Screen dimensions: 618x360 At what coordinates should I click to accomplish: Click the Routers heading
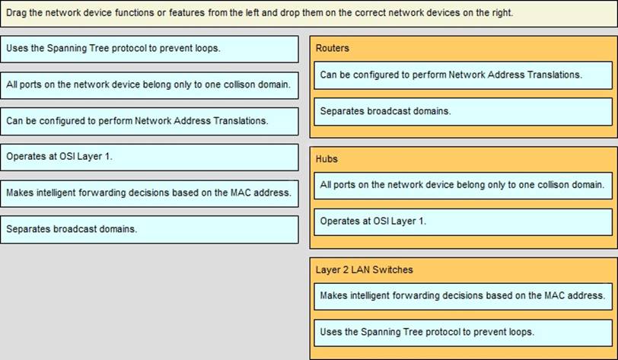(x=333, y=48)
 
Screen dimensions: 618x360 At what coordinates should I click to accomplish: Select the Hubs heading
(x=327, y=159)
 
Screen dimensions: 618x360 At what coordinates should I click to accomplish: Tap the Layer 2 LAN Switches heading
(x=364, y=269)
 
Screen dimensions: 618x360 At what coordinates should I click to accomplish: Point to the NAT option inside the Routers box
(x=463, y=75)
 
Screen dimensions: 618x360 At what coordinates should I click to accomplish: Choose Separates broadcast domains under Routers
(x=463, y=112)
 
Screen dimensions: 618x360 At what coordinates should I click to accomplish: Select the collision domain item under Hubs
(x=463, y=185)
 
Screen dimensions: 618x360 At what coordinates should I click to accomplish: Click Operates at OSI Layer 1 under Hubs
(x=463, y=222)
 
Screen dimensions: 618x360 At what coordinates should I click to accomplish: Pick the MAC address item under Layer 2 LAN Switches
(x=463, y=296)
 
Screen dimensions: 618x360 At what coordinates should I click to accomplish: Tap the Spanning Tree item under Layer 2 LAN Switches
(x=463, y=333)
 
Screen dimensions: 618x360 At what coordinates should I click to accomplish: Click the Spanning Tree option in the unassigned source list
(x=149, y=49)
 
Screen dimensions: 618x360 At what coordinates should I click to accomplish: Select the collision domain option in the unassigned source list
(x=149, y=85)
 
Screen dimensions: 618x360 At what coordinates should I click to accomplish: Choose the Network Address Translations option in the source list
(x=149, y=122)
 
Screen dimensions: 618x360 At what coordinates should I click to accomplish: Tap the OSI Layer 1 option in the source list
(x=149, y=158)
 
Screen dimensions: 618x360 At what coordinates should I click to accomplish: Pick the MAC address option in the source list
(x=149, y=193)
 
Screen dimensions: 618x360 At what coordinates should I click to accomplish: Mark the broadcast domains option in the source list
(x=149, y=230)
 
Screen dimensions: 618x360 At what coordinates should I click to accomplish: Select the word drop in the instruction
(x=290, y=13)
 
